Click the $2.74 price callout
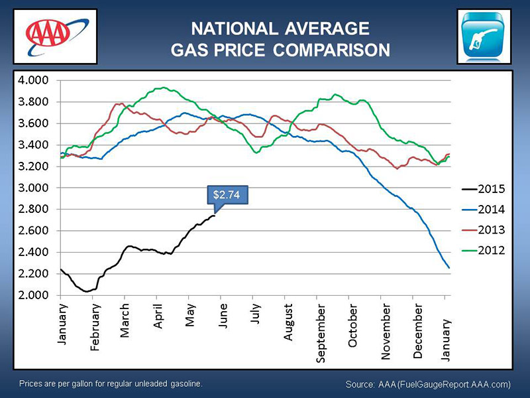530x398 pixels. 225,195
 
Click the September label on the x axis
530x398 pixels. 321,333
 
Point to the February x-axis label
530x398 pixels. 95,326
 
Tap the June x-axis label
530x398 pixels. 224,315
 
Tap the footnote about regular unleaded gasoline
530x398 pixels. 110,384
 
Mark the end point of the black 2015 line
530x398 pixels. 215,215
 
